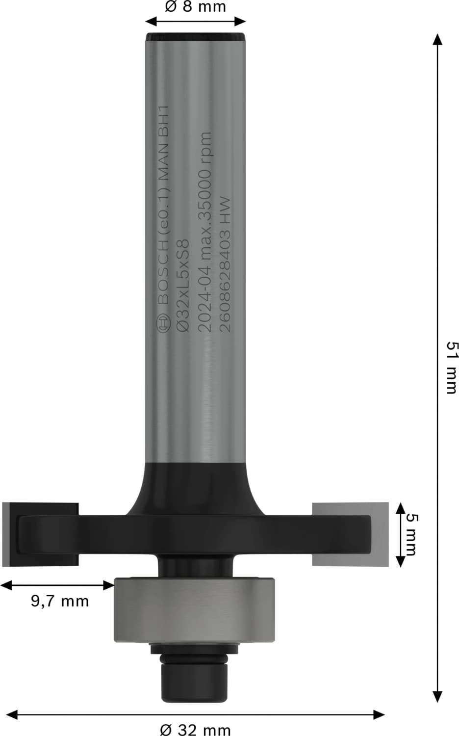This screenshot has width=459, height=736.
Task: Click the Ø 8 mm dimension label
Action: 195,7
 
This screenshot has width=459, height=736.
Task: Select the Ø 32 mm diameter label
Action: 195,730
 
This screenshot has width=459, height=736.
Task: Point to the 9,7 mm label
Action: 60,601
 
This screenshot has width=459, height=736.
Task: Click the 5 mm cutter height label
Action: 411,534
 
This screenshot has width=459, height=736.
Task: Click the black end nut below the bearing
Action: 195,680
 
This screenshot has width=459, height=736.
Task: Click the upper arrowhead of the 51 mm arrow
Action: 437,39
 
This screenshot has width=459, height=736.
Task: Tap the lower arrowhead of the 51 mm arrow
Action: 437,696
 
